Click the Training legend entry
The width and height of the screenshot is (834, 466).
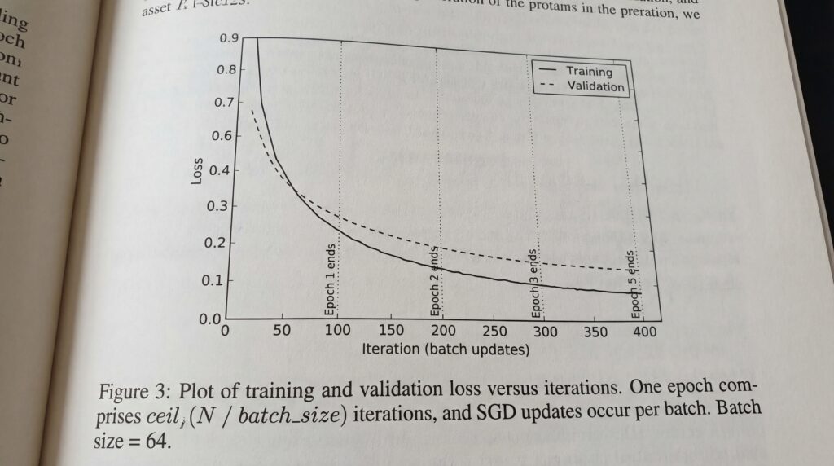[x=588, y=72]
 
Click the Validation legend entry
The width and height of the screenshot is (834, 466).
[x=595, y=86]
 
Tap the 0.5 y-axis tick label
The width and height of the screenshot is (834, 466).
[x=218, y=172]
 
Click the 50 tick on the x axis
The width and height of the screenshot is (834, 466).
[x=281, y=332]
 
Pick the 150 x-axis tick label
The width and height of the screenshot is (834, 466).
[x=390, y=332]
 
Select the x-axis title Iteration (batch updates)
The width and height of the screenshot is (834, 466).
[x=446, y=350]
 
